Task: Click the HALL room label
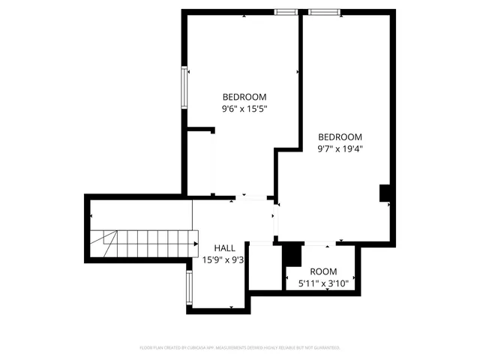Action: [x=224, y=248]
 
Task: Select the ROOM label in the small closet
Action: [x=323, y=271]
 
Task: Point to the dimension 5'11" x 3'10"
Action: [x=323, y=283]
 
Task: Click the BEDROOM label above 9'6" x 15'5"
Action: [x=244, y=97]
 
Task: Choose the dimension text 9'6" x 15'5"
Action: [x=244, y=109]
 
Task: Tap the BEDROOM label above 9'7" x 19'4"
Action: [x=340, y=137]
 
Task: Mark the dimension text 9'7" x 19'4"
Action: [x=340, y=148]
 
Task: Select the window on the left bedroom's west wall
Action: [x=183, y=88]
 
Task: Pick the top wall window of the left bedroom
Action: [x=286, y=11]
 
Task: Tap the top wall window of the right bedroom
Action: [x=323, y=11]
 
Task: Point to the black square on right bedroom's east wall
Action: [x=385, y=193]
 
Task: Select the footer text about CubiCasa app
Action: [x=240, y=348]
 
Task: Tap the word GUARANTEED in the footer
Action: [x=323, y=348]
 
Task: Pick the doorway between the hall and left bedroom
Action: [x=254, y=197]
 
